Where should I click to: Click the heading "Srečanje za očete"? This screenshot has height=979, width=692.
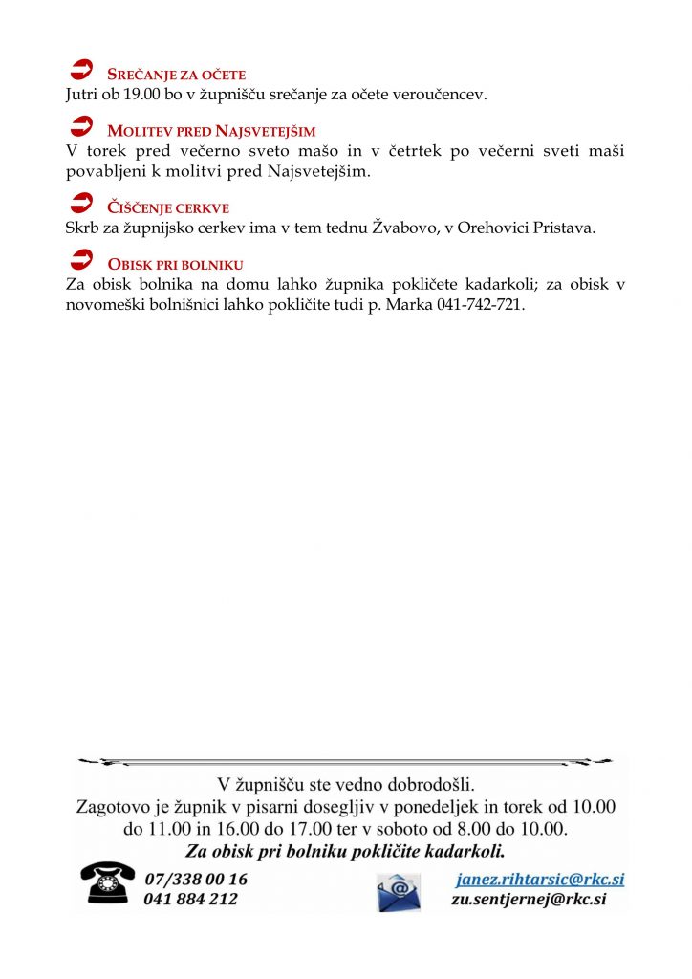pyautogui.click(x=177, y=75)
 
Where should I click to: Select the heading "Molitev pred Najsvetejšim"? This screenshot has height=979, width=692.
pyautogui.click(x=211, y=131)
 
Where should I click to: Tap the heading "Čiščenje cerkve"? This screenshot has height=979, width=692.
pyautogui.click(x=168, y=207)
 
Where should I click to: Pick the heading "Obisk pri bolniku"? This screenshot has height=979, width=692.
pyautogui.click(x=176, y=264)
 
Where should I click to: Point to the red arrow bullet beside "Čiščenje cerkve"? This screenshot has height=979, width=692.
pyautogui.click(x=83, y=203)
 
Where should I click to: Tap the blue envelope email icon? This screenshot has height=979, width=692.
pyautogui.click(x=399, y=890)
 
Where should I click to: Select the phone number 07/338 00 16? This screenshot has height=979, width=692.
pyautogui.click(x=195, y=879)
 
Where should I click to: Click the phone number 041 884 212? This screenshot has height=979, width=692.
pyautogui.click(x=190, y=899)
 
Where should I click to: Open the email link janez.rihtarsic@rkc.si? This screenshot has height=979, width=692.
pyautogui.click(x=540, y=879)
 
